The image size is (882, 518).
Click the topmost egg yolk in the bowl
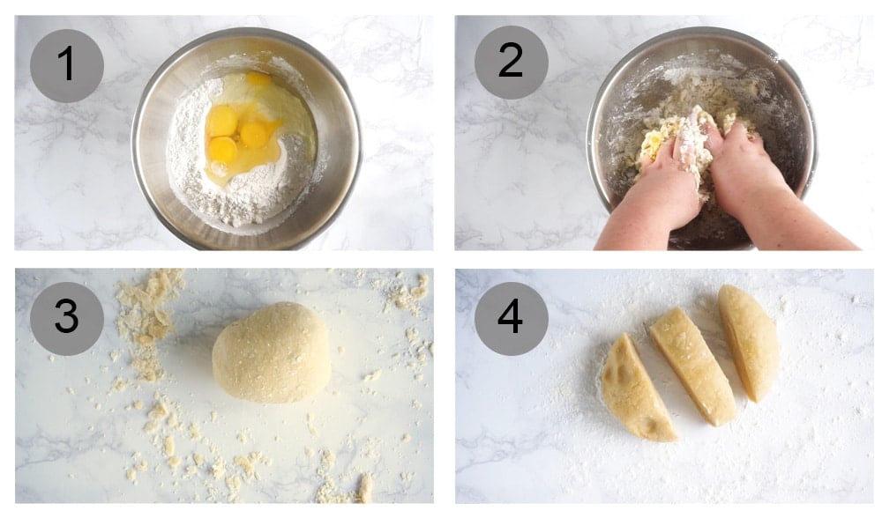click(x=258, y=79)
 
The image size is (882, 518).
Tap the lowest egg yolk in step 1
click(x=222, y=148)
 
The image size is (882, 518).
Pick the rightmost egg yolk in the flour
click(x=255, y=134)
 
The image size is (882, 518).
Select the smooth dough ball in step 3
click(x=272, y=352)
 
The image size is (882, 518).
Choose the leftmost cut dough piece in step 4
click(x=633, y=388)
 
